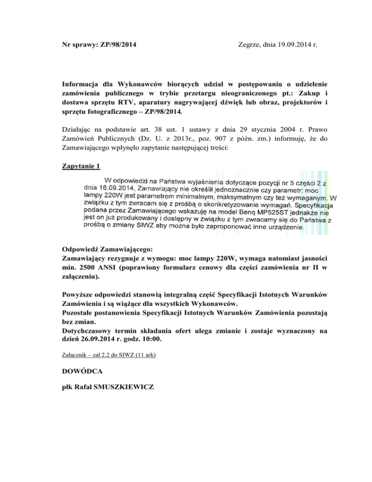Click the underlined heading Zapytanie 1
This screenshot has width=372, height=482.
(82, 166)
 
